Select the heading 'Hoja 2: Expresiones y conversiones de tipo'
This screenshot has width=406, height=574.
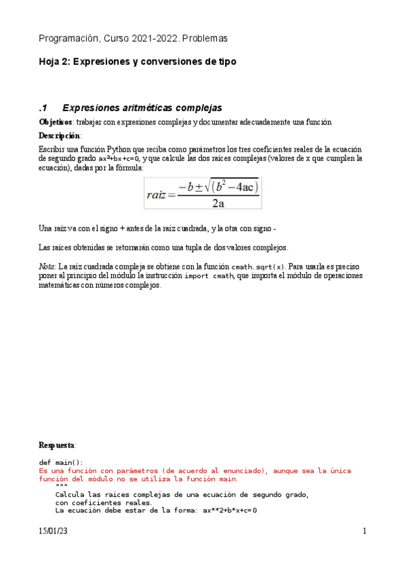(x=138, y=62)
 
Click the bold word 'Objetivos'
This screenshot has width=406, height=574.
(x=56, y=122)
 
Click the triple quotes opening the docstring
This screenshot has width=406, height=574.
(x=61, y=487)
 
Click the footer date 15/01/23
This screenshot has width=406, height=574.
(x=53, y=532)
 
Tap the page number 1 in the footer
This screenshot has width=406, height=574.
(x=365, y=532)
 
